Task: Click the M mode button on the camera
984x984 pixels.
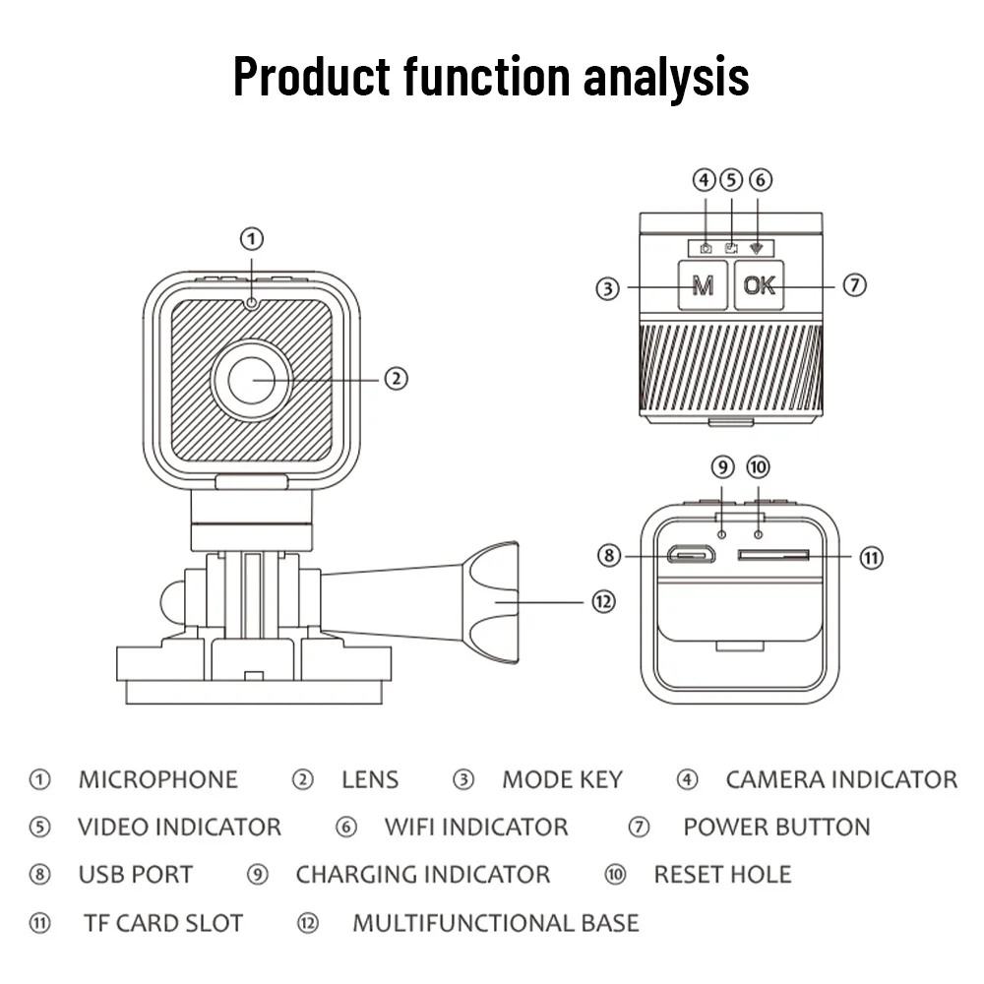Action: pos(703,286)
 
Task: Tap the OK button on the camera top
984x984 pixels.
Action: pos(759,286)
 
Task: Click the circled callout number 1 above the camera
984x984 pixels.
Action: pos(253,238)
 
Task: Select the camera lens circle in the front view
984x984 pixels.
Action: pos(252,379)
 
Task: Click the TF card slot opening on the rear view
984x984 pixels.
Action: pos(773,556)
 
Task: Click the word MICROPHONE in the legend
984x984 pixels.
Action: pos(157,780)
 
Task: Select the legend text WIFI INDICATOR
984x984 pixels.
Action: pos(476,828)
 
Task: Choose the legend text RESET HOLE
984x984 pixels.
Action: pos(722,875)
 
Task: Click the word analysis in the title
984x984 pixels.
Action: pos(665,77)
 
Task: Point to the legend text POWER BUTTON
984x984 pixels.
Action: pos(776,828)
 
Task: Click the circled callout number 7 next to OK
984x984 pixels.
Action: pos(854,285)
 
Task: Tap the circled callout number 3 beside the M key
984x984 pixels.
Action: pos(608,288)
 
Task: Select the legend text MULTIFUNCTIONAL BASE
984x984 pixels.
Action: pos(495,923)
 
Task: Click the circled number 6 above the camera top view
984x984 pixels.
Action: pos(760,180)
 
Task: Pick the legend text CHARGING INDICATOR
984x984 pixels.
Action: pos(422,875)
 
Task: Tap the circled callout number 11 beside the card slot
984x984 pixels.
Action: pos(871,558)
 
